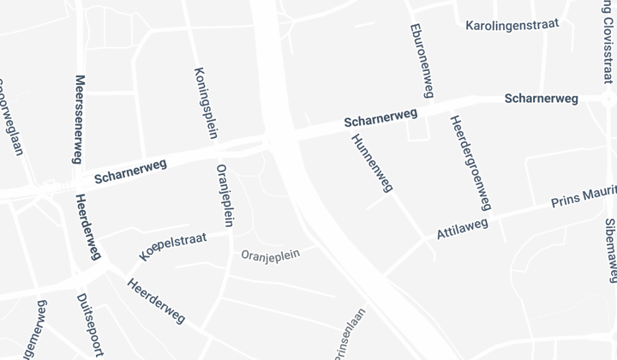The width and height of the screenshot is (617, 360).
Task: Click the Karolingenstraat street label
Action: coord(512,24)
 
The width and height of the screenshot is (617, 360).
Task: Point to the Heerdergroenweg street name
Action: coord(470,163)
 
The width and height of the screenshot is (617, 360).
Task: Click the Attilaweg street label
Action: coord(462,228)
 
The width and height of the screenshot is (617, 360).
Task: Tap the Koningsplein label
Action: coord(206,103)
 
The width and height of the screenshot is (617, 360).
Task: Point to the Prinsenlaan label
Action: coord(349,336)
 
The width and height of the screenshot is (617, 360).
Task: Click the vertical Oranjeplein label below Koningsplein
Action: coord(226,195)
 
